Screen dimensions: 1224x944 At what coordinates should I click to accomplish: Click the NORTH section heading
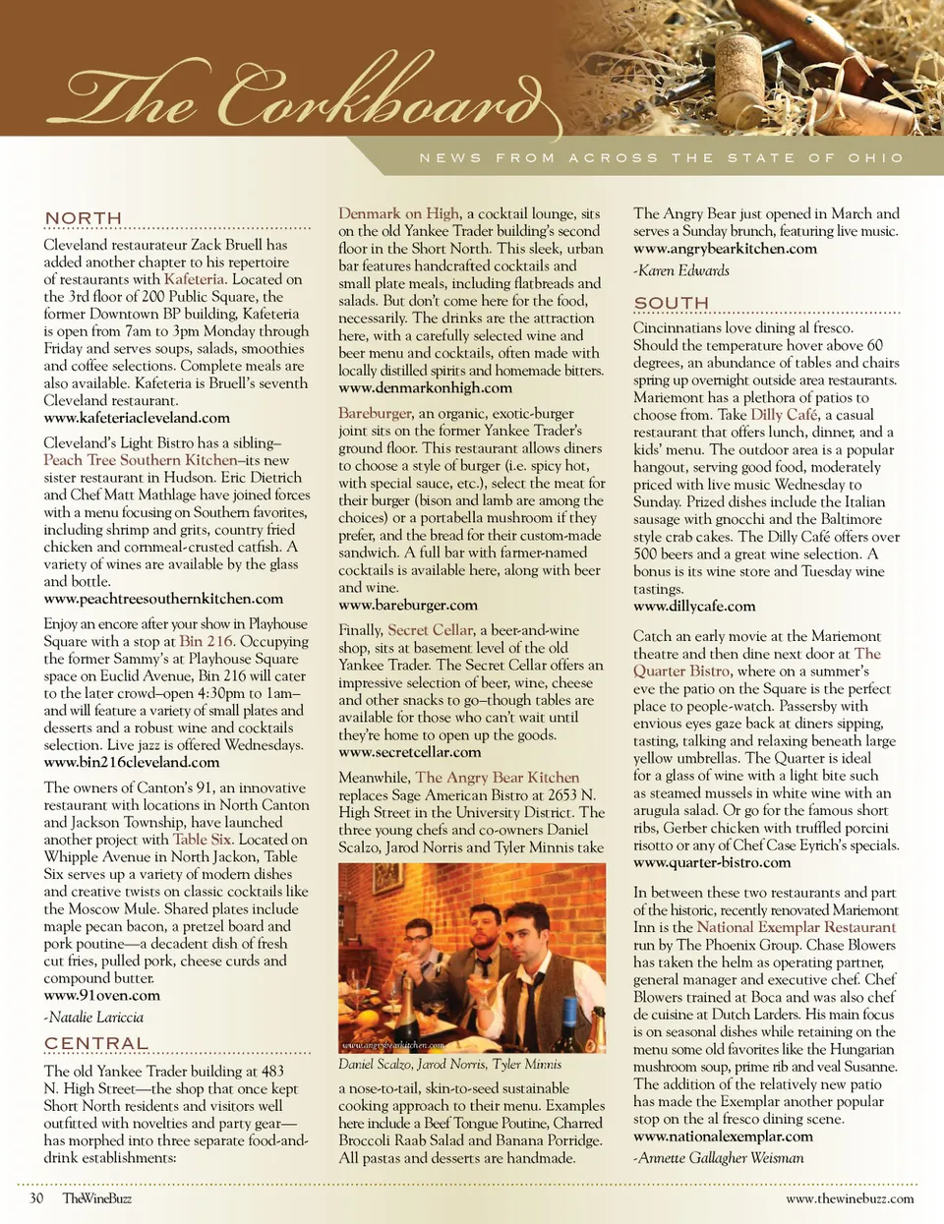[x=84, y=218]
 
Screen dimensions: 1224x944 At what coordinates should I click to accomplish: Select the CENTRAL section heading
[x=96, y=1043]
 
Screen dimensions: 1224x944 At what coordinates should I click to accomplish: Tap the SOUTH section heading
[x=672, y=303]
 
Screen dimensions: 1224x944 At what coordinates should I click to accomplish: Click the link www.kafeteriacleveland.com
[x=137, y=418]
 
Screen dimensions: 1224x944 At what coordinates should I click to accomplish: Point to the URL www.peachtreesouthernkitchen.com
[x=163, y=599]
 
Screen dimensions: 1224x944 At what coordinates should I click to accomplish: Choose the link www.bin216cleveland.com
[x=132, y=762]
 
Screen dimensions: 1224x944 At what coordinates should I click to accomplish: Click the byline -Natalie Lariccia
[x=94, y=1018]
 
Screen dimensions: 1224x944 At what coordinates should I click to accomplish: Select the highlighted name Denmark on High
[x=399, y=213]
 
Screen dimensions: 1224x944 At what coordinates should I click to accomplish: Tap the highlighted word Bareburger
[x=374, y=414]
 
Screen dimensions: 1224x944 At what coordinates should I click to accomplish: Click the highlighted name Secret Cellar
[x=431, y=630]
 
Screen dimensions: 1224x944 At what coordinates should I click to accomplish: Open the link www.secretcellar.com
[x=410, y=752]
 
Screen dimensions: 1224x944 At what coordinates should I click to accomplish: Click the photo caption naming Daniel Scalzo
[x=449, y=1064]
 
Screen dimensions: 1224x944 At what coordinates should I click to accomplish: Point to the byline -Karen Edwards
[x=681, y=270]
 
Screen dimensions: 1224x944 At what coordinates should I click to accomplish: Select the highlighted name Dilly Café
[x=784, y=415]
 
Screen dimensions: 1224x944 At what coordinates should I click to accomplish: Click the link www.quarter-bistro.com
[x=712, y=862]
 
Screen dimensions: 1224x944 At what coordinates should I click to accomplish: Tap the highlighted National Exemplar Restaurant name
[x=796, y=927]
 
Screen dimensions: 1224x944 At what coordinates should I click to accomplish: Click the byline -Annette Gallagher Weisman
[x=718, y=1158]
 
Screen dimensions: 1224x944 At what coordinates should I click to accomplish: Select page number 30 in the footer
[x=36, y=1198]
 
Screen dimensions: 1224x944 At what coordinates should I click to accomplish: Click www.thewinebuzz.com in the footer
[x=850, y=1198]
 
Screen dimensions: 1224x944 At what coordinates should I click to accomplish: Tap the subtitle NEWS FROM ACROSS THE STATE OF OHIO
[x=661, y=157]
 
